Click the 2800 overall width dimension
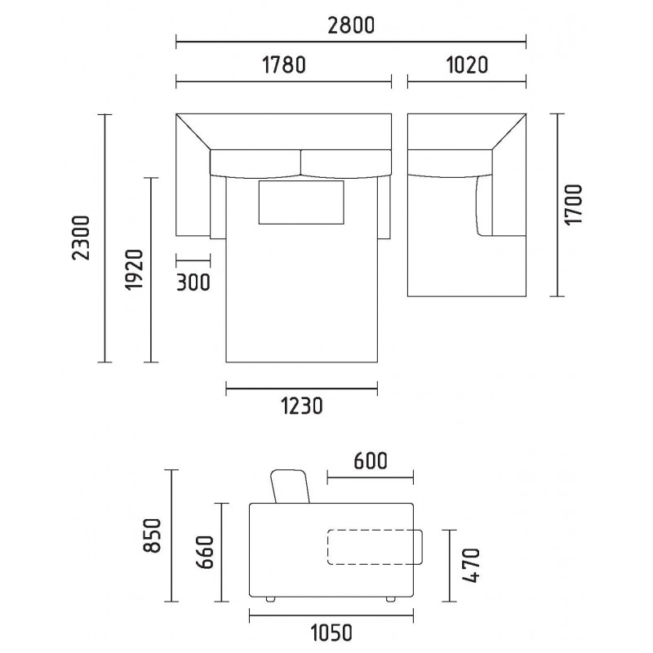pyautogui.click(x=351, y=25)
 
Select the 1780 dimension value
pyautogui.click(x=284, y=65)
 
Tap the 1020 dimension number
pyautogui.click(x=467, y=65)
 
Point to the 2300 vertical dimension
pyautogui.click(x=81, y=238)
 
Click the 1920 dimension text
pyautogui.click(x=134, y=269)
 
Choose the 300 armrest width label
pyautogui.click(x=193, y=282)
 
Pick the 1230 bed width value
pyautogui.click(x=302, y=406)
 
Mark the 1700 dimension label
pyautogui.click(x=573, y=205)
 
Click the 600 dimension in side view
pyautogui.click(x=371, y=461)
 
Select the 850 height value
pyautogui.click(x=152, y=535)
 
